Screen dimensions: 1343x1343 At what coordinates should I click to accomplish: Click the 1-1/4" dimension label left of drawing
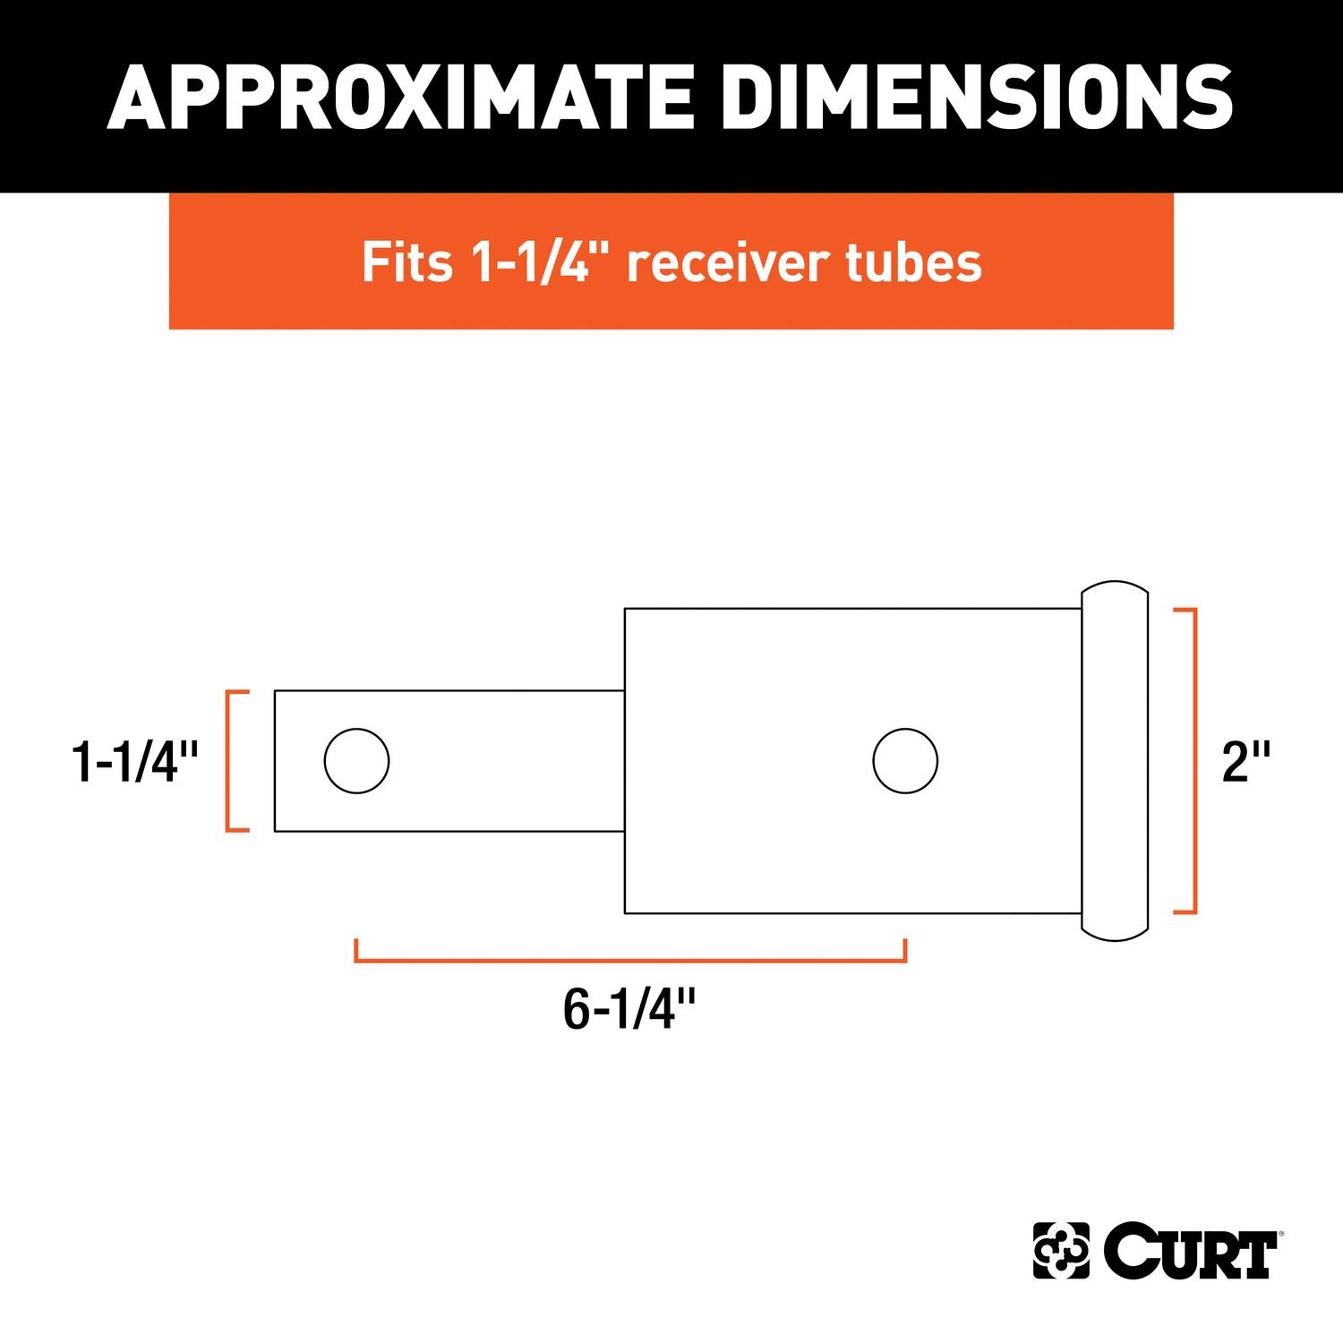[x=134, y=762]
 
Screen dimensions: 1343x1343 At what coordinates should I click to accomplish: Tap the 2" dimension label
[x=1245, y=762]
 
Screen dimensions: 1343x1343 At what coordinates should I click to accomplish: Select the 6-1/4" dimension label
[x=629, y=1009]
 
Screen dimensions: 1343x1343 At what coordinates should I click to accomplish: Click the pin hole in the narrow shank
[x=356, y=761]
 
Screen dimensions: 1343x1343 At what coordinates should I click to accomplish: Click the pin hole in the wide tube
[x=905, y=761]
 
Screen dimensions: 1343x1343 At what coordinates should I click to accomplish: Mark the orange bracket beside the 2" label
[x=1192, y=761]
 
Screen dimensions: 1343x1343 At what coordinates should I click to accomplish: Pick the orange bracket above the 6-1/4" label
[x=630, y=959]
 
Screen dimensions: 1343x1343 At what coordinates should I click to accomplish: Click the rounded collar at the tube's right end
[x=1115, y=761]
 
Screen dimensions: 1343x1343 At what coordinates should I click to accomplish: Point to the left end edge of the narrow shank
[x=275, y=761]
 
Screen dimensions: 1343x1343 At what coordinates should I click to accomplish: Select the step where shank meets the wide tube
[x=625, y=761]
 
